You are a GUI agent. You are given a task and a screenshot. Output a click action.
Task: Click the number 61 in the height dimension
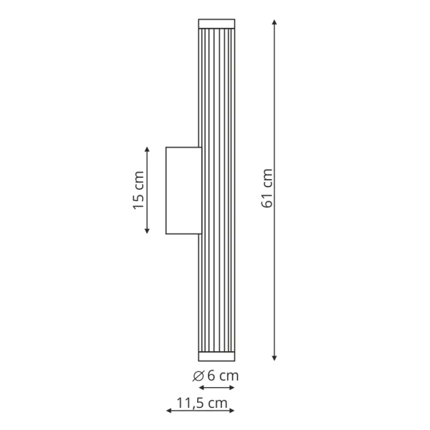[268, 200]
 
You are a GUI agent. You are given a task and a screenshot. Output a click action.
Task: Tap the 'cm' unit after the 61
[268, 179]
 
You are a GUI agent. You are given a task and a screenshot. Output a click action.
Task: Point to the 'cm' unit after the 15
[139, 182]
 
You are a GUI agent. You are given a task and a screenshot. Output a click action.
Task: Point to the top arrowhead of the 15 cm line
[147, 150]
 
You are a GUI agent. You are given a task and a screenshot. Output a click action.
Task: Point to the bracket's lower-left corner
[166, 233]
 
